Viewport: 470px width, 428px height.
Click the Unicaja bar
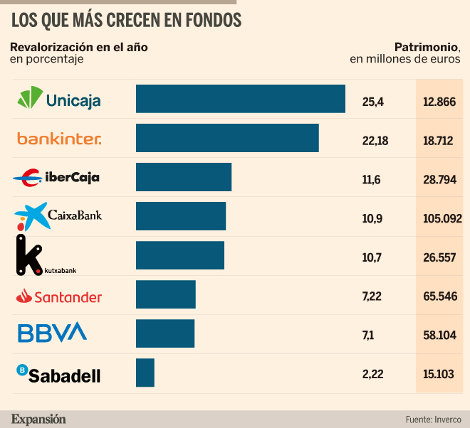241,99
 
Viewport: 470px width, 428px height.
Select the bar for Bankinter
227,138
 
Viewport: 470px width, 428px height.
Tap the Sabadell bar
145,373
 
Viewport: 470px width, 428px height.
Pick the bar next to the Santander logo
166,294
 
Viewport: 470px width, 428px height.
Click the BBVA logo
53,332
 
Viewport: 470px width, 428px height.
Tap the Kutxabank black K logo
29,255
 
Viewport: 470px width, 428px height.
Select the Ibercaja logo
56,178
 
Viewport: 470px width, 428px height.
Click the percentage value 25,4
373,102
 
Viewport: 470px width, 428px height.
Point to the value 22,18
375,141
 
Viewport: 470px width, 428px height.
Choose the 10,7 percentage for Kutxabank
372,257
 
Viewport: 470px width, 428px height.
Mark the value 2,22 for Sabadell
373,374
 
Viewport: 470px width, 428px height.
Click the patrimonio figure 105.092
442,218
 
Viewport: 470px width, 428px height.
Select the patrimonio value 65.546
440,296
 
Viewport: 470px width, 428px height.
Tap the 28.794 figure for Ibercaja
439,180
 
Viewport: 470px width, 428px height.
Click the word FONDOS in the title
214,21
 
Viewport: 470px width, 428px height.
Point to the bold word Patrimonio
426,47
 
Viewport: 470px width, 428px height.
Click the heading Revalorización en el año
79,47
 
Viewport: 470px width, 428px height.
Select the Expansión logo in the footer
38,419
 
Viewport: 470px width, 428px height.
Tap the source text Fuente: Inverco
434,419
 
